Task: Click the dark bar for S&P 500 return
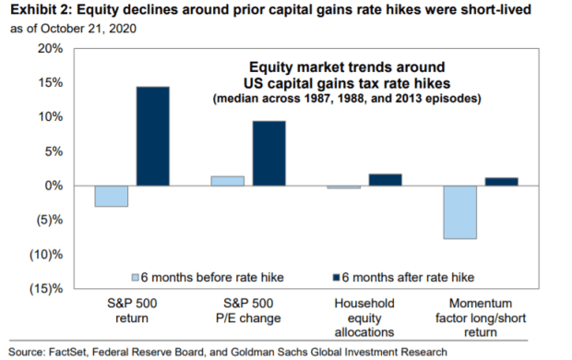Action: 153,137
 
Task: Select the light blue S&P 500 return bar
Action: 112,196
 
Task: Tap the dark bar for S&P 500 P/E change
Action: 269,153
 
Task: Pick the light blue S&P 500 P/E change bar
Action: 228,181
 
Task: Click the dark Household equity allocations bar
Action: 386,180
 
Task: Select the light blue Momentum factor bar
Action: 460,212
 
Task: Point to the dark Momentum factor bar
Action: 502,182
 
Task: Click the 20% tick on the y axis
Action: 51,49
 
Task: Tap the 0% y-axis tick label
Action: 54,186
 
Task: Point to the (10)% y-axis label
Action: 46,255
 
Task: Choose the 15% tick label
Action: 51,83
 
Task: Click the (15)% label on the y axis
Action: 46,289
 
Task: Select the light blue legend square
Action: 135,278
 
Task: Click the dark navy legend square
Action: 336,278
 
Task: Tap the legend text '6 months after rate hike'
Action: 408,278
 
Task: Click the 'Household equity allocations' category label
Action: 364,318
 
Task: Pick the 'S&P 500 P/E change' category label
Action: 248,311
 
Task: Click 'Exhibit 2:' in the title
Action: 42,10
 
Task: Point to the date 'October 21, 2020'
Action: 89,29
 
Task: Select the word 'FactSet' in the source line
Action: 68,352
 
